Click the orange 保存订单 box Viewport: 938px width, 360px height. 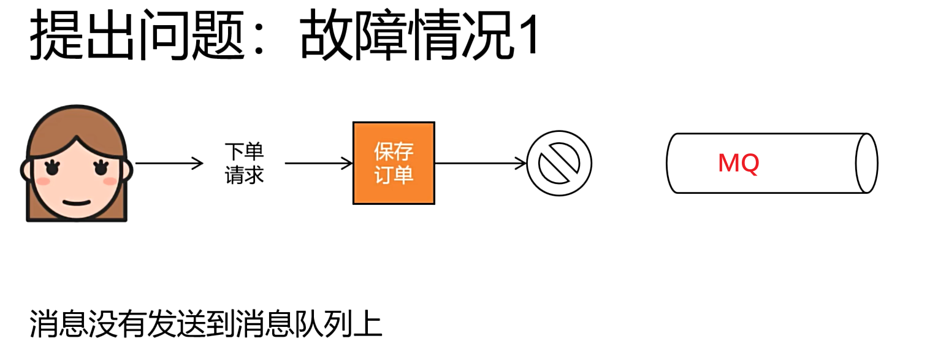394,163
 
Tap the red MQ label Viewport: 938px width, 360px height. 738,163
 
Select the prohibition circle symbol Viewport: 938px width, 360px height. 559,163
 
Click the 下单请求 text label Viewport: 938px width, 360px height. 244,163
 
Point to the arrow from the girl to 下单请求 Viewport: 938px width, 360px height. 169,163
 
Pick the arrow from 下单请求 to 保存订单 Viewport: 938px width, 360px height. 319,163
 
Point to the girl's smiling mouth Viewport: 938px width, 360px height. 75,202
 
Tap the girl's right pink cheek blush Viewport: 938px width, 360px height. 109,181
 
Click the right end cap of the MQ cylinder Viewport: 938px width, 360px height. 866,163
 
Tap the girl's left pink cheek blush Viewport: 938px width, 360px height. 42,181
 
